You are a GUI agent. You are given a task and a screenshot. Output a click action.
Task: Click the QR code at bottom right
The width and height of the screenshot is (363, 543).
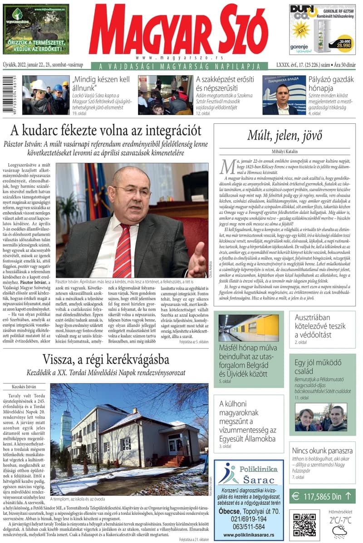[304, 524]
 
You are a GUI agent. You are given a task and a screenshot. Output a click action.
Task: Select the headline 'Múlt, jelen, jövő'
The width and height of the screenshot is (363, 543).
[285, 135]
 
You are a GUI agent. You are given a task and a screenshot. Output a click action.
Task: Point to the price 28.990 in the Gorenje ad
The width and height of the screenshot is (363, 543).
[343, 46]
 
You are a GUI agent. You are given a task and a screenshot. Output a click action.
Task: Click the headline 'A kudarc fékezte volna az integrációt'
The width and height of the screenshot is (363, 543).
[105, 131]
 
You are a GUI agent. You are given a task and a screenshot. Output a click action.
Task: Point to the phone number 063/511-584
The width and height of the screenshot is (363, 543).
[248, 527]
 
